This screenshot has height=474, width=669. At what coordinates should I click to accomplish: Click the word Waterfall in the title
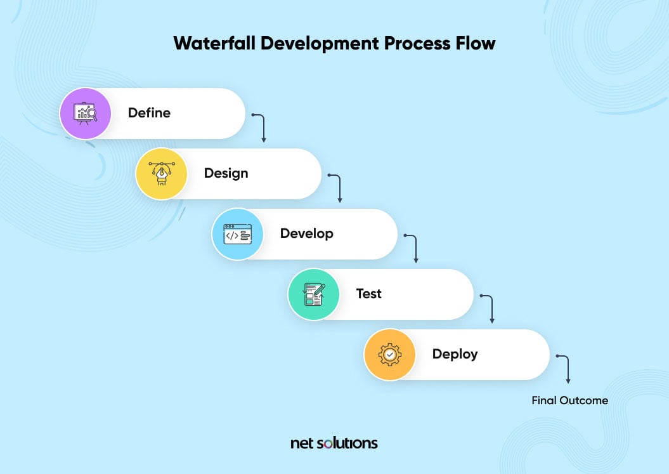point(211,44)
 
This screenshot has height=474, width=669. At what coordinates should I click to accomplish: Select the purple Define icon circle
point(86,114)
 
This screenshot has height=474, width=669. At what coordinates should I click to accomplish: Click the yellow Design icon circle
point(162,174)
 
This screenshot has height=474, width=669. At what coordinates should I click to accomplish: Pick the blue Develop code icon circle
point(238,234)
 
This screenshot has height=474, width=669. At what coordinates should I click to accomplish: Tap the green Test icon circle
point(314,294)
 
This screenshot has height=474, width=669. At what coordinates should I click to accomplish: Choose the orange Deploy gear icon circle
point(390,354)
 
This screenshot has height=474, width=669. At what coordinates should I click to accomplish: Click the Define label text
point(149,113)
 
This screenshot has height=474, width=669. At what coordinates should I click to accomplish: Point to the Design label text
point(226,173)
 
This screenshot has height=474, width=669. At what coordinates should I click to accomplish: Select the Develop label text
point(306,234)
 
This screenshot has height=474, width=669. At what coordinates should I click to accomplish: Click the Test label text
point(368,294)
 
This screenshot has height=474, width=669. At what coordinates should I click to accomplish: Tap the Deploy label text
point(455,354)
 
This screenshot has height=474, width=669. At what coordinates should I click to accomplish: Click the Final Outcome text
point(569,400)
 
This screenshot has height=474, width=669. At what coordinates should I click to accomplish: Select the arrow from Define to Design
point(261,127)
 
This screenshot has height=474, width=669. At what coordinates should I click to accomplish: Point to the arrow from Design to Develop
point(337,187)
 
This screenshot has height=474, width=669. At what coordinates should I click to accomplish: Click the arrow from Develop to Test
point(413,247)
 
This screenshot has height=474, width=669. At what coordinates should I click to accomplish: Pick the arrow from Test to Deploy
point(490,308)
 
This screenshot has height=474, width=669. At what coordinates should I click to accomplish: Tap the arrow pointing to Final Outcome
point(566,368)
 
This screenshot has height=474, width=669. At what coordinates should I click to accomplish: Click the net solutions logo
point(334,443)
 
